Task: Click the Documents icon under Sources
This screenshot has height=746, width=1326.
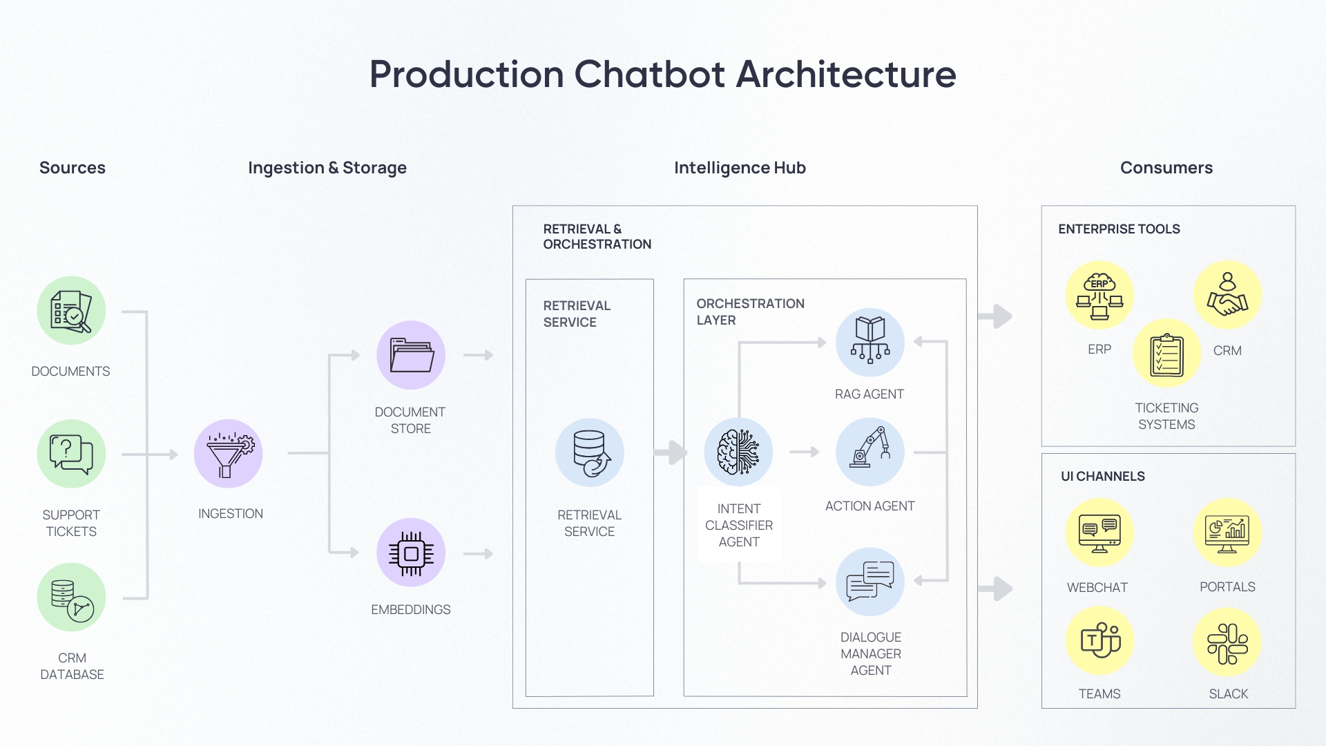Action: [71, 311]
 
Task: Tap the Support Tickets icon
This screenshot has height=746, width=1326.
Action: [71, 454]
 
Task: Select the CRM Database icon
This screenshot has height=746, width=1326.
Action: [71, 597]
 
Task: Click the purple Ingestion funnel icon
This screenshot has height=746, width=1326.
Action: [229, 454]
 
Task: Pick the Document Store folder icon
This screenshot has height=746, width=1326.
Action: [411, 355]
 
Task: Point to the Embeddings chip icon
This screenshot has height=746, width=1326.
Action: [411, 553]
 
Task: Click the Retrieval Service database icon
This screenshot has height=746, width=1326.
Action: [590, 453]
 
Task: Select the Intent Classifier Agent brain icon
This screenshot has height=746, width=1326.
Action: [738, 452]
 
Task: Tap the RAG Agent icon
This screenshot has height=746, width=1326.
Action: [870, 342]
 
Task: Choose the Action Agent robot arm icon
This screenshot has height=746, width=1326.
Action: [870, 452]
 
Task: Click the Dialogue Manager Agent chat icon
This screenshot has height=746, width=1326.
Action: [870, 582]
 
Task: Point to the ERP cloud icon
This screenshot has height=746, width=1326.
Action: [1099, 296]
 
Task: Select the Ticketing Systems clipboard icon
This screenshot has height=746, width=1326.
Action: [1167, 353]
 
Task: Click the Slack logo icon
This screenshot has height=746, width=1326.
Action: [1227, 642]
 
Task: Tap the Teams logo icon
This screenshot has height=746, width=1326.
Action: [1099, 641]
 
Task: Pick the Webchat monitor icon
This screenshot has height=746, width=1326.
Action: [1099, 533]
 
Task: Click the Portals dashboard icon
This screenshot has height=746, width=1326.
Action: [1227, 533]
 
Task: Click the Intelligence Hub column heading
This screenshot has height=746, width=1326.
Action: [740, 168]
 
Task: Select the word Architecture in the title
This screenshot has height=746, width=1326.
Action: [846, 74]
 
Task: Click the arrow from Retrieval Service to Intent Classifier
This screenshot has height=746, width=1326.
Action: [670, 453]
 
